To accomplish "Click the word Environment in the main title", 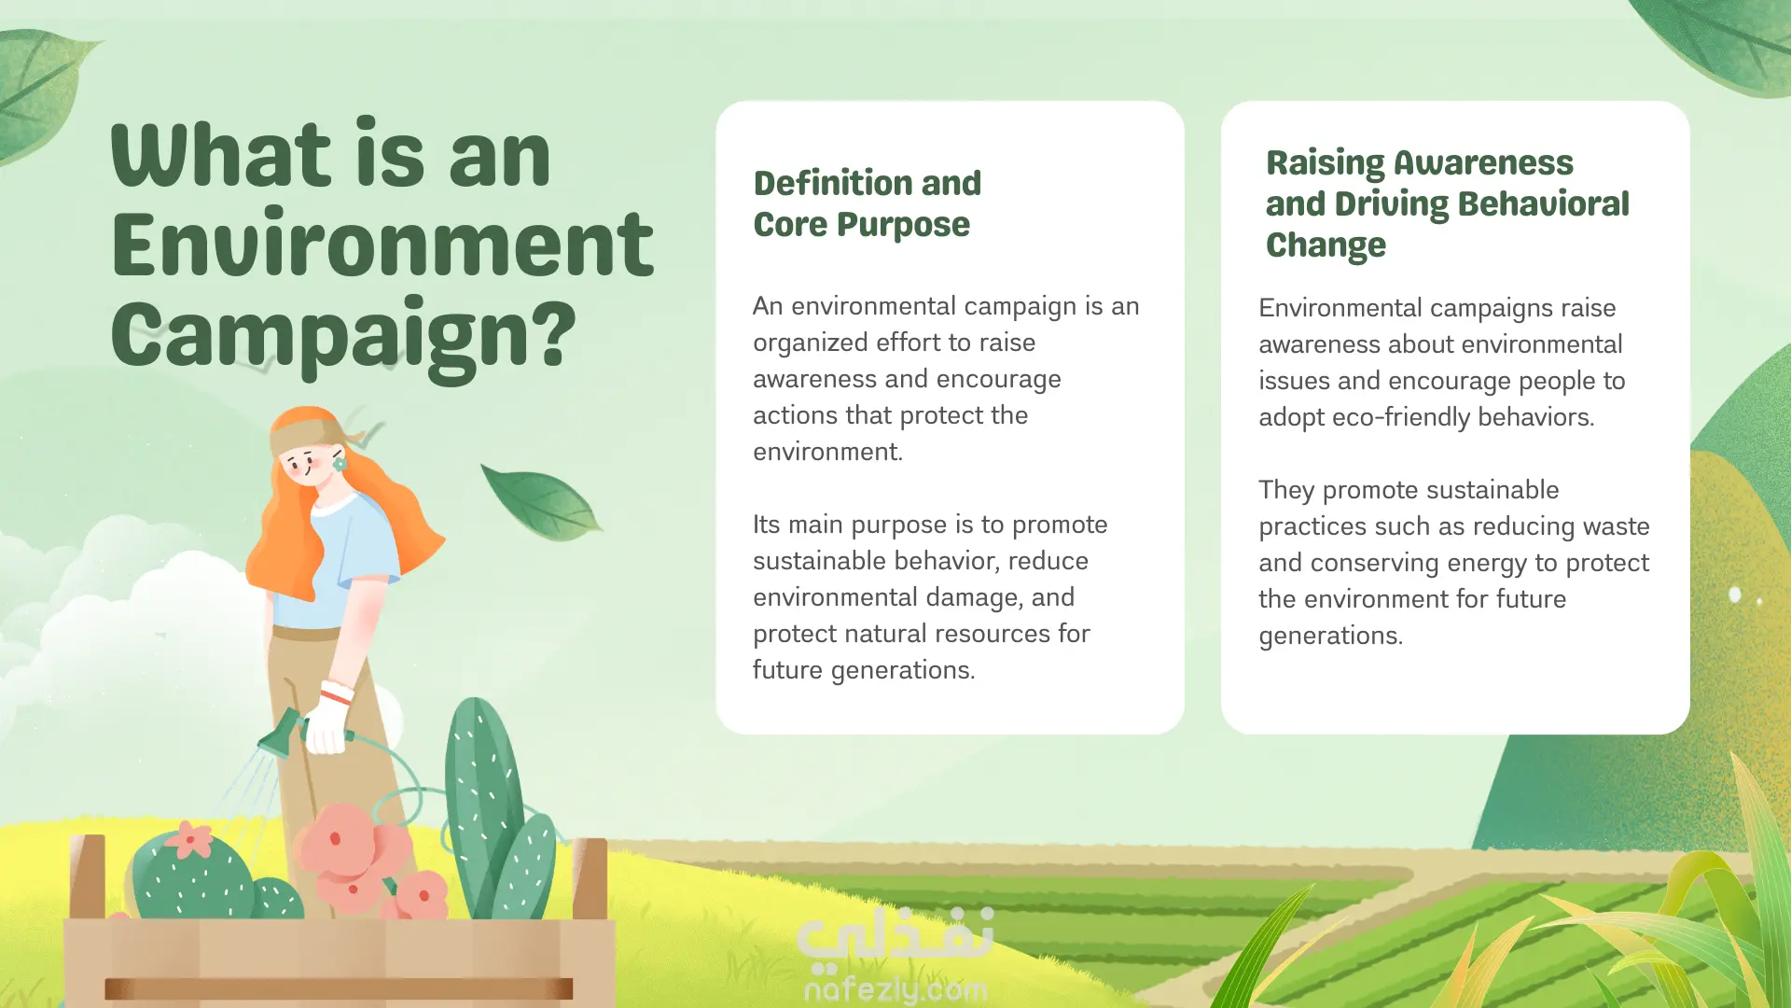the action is coord(382,245).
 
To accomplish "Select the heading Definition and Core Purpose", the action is coord(868,203).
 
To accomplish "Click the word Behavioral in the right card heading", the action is coord(1543,203).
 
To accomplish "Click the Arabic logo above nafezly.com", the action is coord(895,936).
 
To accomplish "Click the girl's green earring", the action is coord(340,463).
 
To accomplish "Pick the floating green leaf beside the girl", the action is coord(540,502).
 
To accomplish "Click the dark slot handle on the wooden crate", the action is coord(339,988).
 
